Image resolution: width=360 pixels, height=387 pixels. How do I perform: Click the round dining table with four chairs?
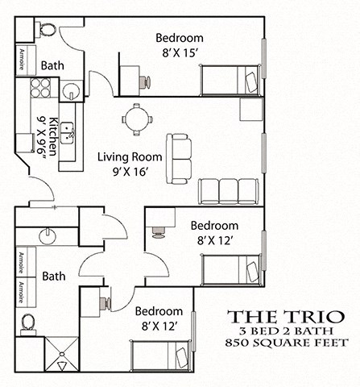137,119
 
